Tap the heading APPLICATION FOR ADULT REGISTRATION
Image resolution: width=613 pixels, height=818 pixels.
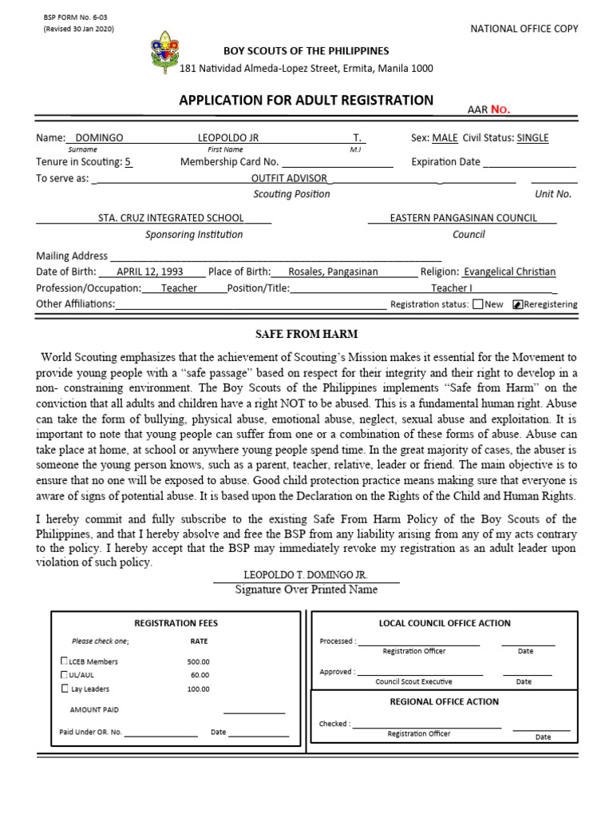click(306, 101)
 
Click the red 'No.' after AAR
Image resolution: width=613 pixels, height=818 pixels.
click(500, 109)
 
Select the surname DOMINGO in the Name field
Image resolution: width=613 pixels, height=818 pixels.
click(98, 137)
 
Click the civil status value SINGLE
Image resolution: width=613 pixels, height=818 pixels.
click(532, 137)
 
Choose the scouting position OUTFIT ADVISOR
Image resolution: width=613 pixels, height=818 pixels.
click(288, 178)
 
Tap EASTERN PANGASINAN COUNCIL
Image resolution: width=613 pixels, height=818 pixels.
click(463, 217)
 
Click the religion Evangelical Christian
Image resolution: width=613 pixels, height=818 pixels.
click(509, 272)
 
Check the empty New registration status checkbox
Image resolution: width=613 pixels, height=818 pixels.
click(477, 304)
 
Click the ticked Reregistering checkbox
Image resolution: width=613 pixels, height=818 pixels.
click(517, 304)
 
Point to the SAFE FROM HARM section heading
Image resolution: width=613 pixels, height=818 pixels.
click(306, 333)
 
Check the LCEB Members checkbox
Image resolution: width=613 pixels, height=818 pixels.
click(64, 661)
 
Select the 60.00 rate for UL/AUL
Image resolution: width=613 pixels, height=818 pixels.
click(199, 675)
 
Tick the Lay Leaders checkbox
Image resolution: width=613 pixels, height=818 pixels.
click(64, 689)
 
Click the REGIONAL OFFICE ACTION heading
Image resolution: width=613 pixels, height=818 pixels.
click(444, 701)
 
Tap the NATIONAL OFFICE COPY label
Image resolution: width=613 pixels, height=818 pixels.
click(525, 29)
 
